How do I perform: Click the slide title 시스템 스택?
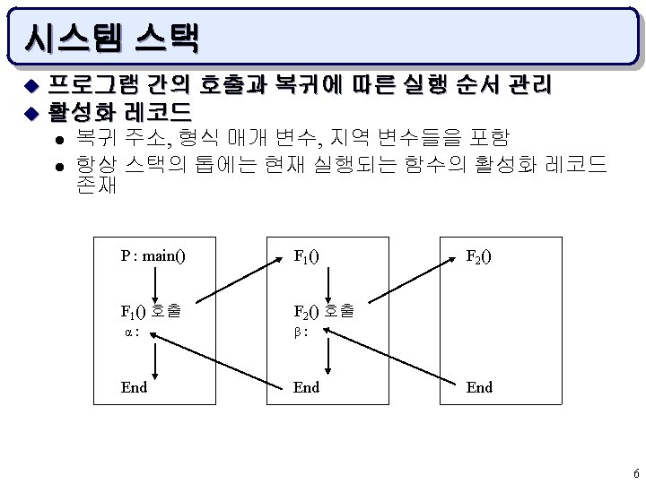pyautogui.click(x=113, y=38)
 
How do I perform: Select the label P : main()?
pyautogui.click(x=153, y=256)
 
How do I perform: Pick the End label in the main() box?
pyautogui.click(x=134, y=387)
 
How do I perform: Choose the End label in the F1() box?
pyautogui.click(x=306, y=387)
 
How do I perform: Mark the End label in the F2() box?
pyautogui.click(x=478, y=387)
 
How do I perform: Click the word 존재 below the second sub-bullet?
pyautogui.click(x=96, y=188)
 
